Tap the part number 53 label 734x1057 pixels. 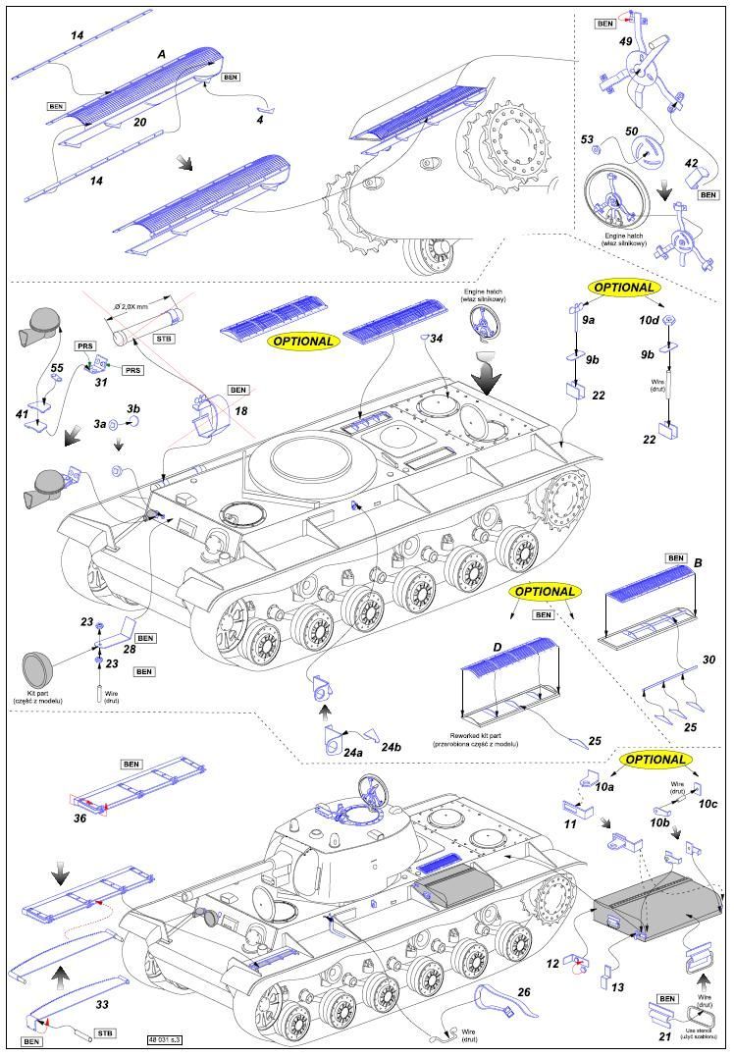point(589,140)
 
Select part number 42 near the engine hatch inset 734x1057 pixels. point(692,164)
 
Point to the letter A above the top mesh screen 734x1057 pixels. point(162,55)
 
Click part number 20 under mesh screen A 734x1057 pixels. point(139,123)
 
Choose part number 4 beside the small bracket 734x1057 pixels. point(259,121)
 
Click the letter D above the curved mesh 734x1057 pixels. point(498,647)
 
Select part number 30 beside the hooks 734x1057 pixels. point(708,660)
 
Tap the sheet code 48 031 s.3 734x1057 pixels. point(169,1038)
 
